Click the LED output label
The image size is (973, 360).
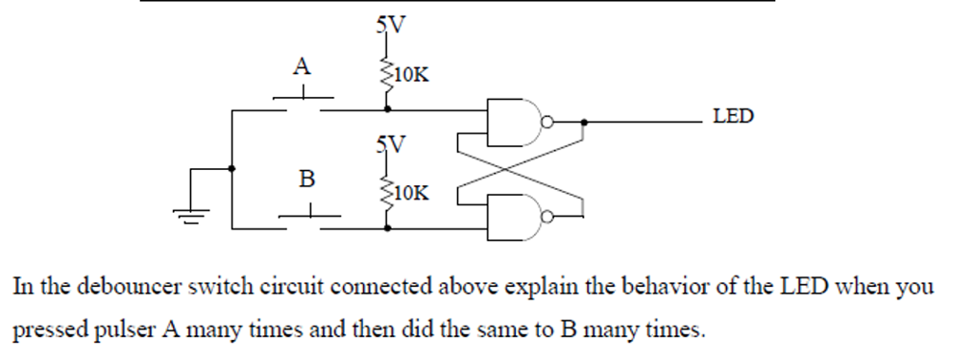(733, 117)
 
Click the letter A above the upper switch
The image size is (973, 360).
(301, 66)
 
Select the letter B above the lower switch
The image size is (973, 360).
(306, 178)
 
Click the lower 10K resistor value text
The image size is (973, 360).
(410, 194)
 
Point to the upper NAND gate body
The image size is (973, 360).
(512, 121)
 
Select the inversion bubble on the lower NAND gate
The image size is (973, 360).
(545, 217)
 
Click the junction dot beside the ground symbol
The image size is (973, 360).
(233, 169)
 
